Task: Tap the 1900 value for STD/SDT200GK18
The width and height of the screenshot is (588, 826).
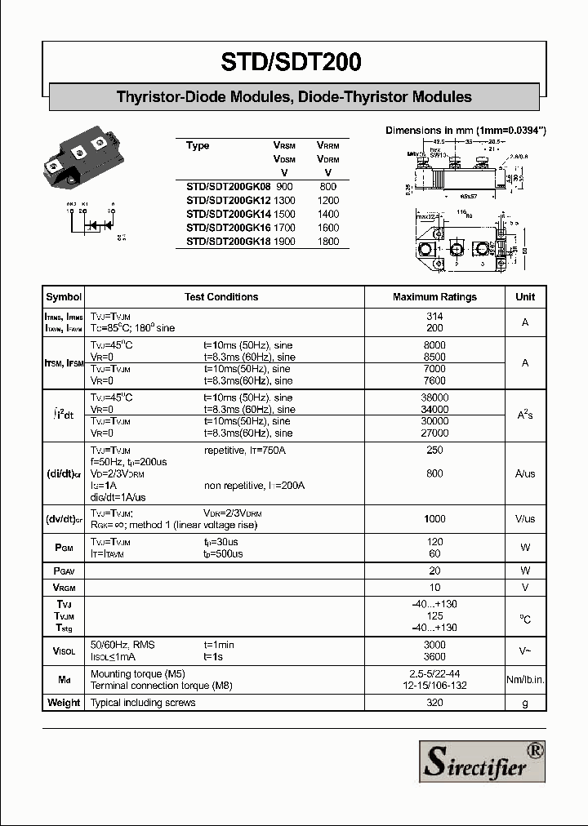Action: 285,242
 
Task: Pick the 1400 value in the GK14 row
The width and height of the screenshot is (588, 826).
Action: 327,214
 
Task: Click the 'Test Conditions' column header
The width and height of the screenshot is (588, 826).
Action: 221,297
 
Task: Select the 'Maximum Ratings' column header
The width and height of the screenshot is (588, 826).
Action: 434,297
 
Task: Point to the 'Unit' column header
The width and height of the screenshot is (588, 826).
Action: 525,297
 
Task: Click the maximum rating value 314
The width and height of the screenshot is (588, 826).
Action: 434,316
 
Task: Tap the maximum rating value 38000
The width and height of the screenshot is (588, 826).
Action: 434,397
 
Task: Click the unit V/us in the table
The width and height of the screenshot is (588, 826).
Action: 525,518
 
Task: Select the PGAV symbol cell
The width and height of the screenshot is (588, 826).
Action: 64,571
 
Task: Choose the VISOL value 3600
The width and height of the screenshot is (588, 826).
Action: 434,656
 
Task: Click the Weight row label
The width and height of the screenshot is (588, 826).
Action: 64,703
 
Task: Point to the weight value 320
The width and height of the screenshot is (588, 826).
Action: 434,703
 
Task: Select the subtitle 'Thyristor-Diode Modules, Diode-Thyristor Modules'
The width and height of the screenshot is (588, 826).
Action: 294,97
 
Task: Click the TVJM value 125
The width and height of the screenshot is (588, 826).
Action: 434,615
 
